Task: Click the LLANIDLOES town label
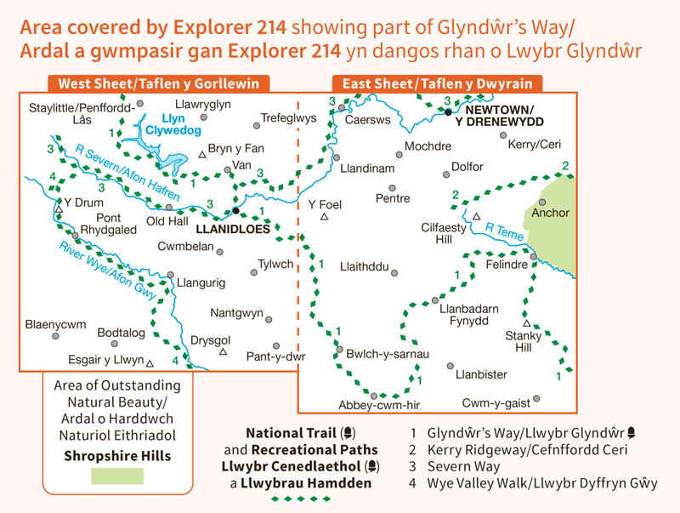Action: [x=232, y=229]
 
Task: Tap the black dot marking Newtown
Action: [x=448, y=111]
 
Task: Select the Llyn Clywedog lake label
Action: [x=173, y=125]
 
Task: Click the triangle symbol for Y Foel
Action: [x=324, y=218]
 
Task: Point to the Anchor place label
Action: [x=550, y=213]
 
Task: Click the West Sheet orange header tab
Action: [x=158, y=83]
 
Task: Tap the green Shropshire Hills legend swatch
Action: [x=117, y=476]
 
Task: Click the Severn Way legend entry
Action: [x=464, y=466]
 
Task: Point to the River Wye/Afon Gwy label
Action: [x=108, y=270]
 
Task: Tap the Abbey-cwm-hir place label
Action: [x=379, y=405]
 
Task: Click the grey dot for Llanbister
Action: [x=450, y=367]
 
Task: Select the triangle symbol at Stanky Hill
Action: [x=526, y=323]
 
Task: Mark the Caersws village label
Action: [x=367, y=121]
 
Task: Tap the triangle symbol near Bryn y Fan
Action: [x=201, y=154]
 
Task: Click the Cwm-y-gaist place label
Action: [x=496, y=402]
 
